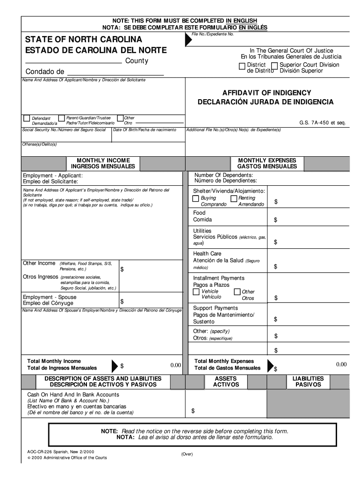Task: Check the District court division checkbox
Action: [242, 66]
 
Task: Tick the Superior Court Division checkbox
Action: [275, 66]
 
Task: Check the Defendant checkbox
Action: [26, 118]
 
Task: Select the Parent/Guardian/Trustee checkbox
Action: [61, 118]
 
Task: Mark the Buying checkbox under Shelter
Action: [196, 199]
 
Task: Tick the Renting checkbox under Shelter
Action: [234, 199]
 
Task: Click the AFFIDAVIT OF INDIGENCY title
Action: [266, 93]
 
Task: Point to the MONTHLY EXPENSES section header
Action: [267, 163]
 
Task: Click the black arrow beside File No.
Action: [188, 40]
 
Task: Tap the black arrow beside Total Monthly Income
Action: [115, 365]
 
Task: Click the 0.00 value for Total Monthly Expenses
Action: [341, 364]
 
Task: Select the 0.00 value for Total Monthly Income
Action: [175, 365]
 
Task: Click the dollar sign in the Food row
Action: [275, 220]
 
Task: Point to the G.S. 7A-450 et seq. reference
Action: [322, 123]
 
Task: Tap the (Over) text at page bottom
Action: [187, 454]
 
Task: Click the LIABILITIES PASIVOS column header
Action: [308, 381]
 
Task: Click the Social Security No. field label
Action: [64, 130]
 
